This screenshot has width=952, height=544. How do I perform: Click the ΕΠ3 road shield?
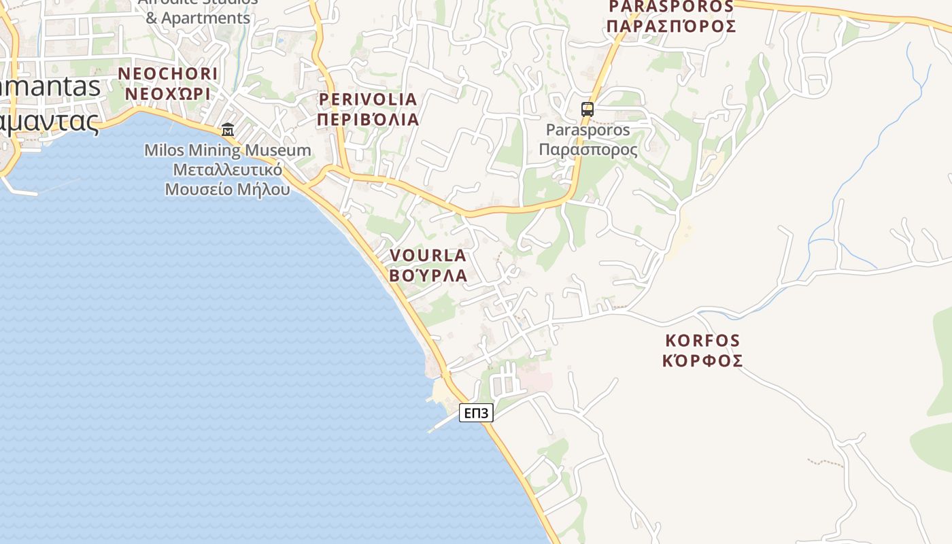(476, 413)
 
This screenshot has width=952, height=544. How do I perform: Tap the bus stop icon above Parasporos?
(587, 109)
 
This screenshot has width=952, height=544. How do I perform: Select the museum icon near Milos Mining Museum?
(228, 129)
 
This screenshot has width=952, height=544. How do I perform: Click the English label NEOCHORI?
(168, 73)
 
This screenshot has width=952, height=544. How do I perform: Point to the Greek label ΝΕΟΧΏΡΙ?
(168, 93)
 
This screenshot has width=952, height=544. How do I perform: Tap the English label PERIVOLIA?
(368, 99)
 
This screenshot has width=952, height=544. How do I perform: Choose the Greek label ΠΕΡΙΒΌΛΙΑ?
(368, 119)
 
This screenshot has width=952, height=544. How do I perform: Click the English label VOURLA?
(428, 256)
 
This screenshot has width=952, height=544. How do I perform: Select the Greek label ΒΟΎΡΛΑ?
(428, 275)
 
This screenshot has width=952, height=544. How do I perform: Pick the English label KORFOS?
(702, 340)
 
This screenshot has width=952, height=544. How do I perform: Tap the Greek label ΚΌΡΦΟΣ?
(702, 360)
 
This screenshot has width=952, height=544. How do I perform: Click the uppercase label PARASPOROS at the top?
(671, 7)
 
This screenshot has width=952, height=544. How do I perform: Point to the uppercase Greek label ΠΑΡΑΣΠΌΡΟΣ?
(671, 27)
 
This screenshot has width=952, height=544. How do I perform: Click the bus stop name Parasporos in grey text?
(588, 129)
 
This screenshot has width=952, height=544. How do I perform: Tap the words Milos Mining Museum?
(228, 150)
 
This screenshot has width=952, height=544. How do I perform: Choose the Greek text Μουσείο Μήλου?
(228, 189)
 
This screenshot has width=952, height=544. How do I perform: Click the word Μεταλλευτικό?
(228, 169)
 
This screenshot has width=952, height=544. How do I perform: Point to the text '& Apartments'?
(198, 18)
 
